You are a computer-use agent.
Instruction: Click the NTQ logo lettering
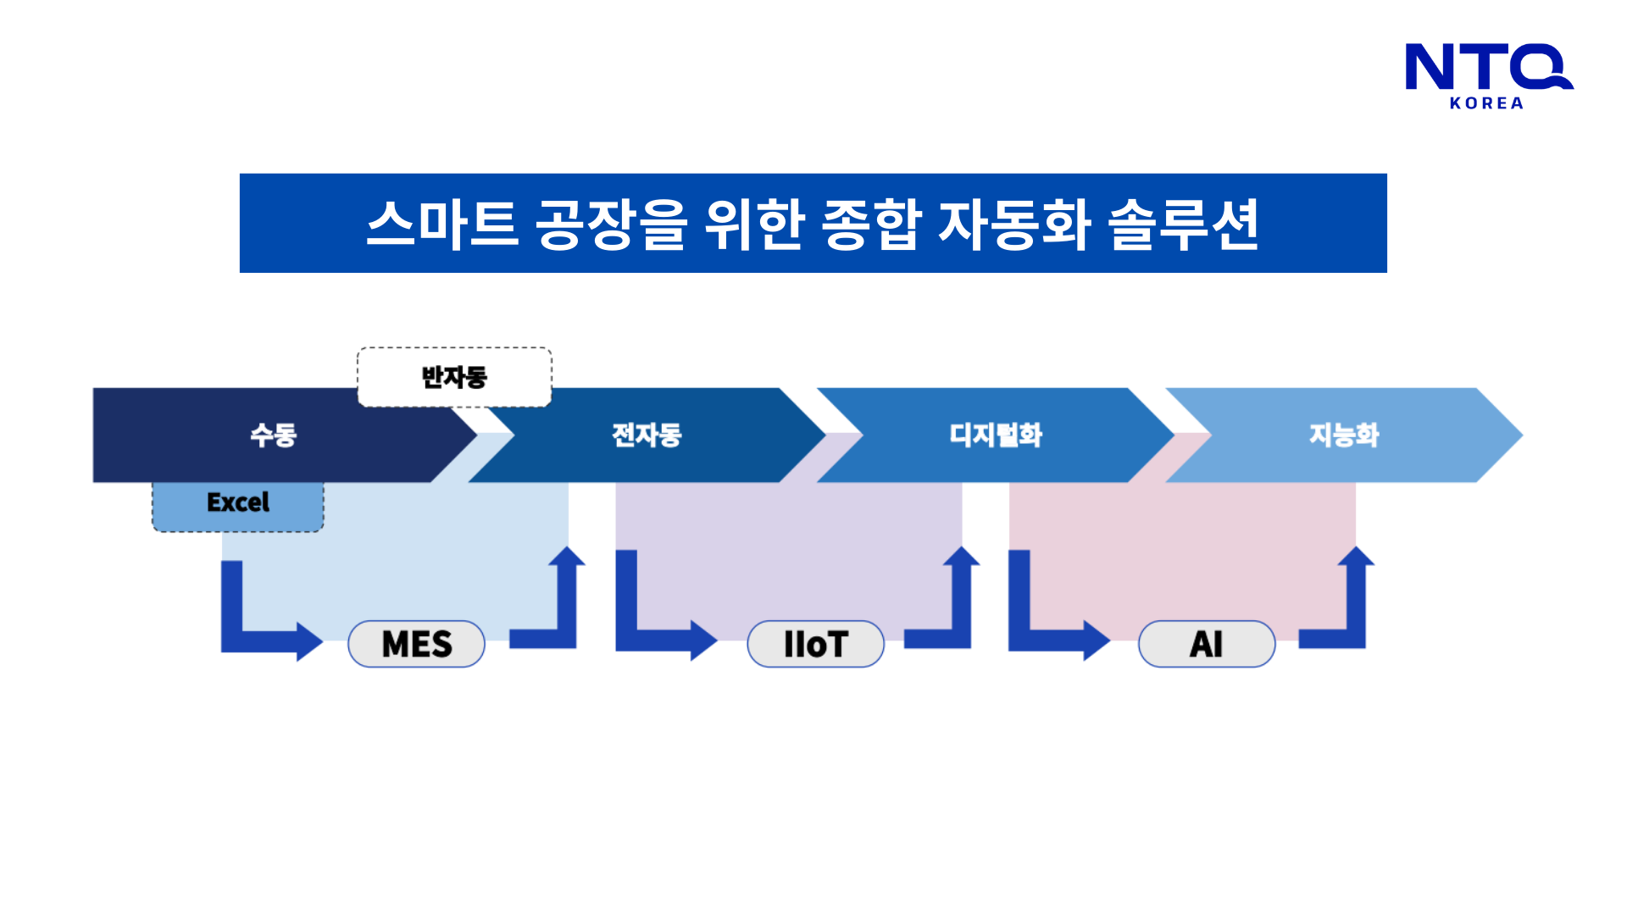[x=1487, y=67]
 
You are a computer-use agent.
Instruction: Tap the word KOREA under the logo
[x=1486, y=103]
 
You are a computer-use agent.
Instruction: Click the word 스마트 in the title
[x=441, y=225]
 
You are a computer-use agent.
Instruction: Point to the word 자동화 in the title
[x=1014, y=225]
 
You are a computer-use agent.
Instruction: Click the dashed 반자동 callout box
[x=454, y=377]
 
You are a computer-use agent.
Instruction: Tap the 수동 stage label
[x=273, y=435]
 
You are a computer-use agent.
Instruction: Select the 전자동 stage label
[x=647, y=435]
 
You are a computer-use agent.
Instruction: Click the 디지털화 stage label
[x=995, y=435]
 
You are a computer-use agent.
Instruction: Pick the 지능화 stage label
[x=1344, y=435]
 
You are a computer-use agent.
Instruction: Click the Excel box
[x=238, y=503]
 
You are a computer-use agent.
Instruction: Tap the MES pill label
[x=416, y=645]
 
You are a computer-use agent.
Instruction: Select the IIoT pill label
[x=815, y=645]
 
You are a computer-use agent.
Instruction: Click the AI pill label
[x=1206, y=645]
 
